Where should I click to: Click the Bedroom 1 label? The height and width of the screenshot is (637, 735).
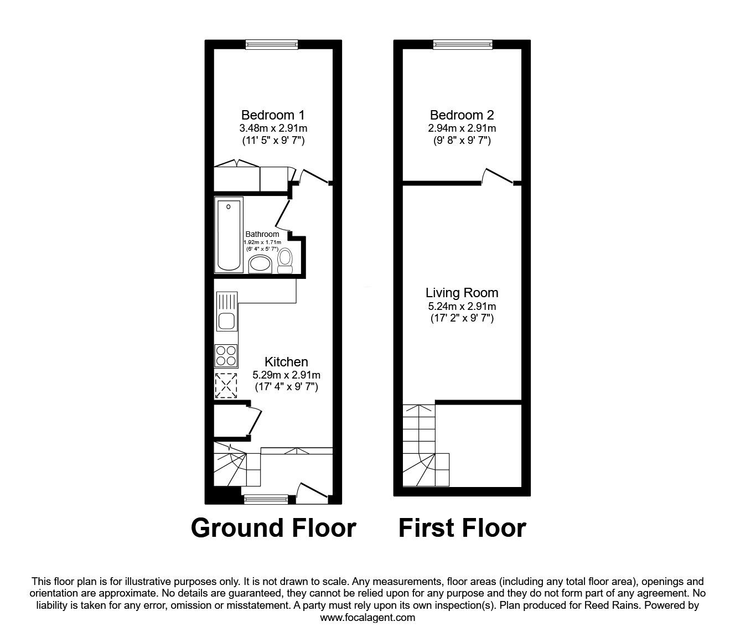tap(273, 115)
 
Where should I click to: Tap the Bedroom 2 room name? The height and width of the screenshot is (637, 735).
tap(462, 115)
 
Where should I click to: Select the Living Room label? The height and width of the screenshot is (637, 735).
tap(462, 293)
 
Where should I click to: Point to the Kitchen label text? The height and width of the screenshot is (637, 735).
tap(286, 362)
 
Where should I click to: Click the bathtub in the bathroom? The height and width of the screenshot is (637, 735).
tap(229, 235)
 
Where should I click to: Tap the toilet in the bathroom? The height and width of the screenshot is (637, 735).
tap(284, 261)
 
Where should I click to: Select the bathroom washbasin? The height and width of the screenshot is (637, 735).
tap(260, 264)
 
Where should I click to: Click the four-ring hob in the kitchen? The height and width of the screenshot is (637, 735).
tap(226, 356)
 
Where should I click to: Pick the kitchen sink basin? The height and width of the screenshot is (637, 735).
tap(226, 321)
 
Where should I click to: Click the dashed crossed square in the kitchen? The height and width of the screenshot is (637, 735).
tap(226, 386)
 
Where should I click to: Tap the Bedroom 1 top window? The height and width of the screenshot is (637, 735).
tap(272, 44)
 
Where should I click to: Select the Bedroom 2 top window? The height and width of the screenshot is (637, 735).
tap(463, 44)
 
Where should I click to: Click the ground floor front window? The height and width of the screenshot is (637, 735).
tap(266, 500)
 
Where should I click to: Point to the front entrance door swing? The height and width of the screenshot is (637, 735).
tap(312, 493)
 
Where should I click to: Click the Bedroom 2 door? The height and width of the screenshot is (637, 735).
tap(498, 176)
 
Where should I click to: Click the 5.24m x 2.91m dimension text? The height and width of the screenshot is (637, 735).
tap(462, 306)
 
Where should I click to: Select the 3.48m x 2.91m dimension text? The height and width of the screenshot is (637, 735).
tap(273, 128)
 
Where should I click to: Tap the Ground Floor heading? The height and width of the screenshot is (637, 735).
tap(273, 528)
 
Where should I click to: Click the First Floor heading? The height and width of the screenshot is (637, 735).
tap(462, 528)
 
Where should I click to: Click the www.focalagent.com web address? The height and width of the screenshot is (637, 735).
tap(367, 618)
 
